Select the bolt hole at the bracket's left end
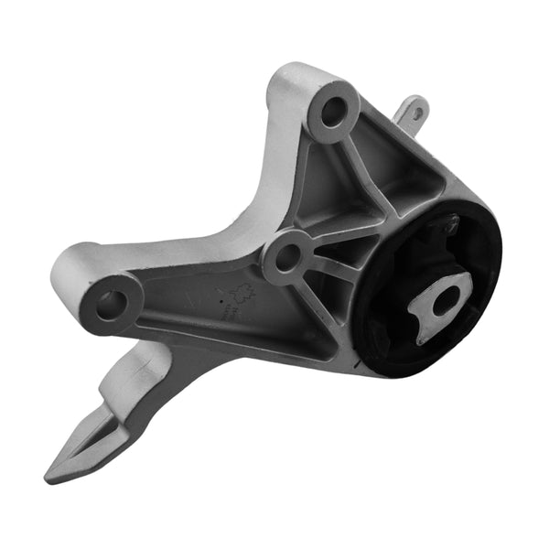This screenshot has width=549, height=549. (x=110, y=304)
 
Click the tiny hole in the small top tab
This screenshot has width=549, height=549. (x=417, y=113)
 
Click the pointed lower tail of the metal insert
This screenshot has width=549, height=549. (x=425, y=334)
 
